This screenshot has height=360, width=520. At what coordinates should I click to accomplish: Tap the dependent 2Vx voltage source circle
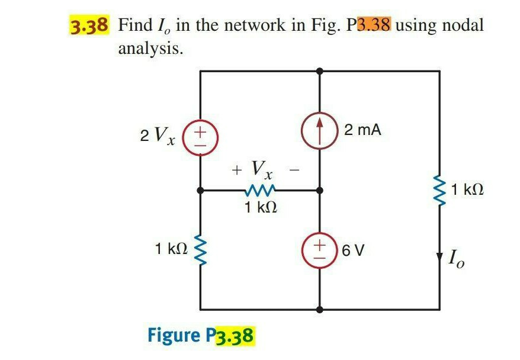tap(201, 134)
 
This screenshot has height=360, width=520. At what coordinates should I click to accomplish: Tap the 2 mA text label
tap(362, 130)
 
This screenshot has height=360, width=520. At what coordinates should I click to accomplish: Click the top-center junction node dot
tap(320, 70)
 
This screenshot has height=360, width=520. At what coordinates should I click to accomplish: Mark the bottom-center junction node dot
tap(320, 309)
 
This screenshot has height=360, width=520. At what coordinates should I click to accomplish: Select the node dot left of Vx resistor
tap(201, 191)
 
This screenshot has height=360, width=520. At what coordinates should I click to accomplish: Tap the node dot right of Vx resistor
tap(320, 191)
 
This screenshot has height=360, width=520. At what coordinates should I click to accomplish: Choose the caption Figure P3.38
tap(201, 336)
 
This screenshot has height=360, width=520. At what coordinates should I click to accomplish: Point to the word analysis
tap(150, 49)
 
